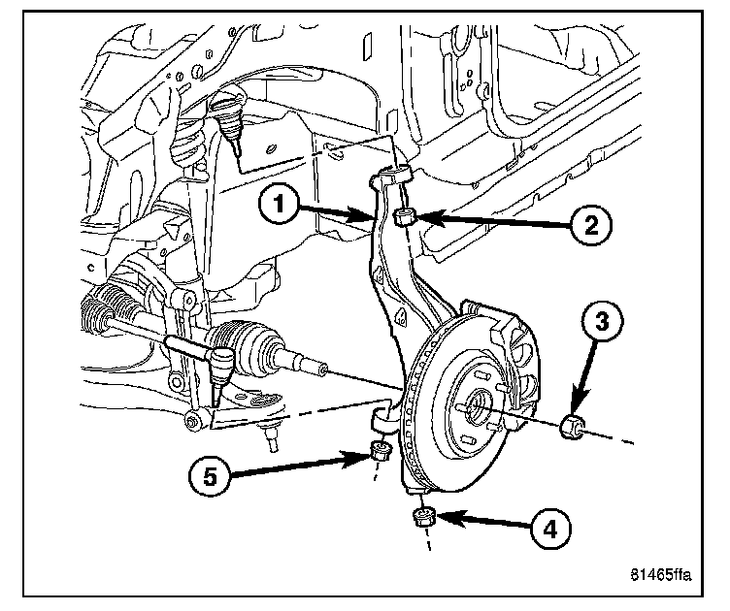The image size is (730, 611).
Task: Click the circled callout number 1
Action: [279, 204]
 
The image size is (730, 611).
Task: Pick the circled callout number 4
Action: [550, 529]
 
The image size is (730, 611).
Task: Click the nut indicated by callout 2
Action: [408, 215]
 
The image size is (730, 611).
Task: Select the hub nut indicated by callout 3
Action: [575, 424]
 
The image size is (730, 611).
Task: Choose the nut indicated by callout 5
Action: [381, 449]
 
